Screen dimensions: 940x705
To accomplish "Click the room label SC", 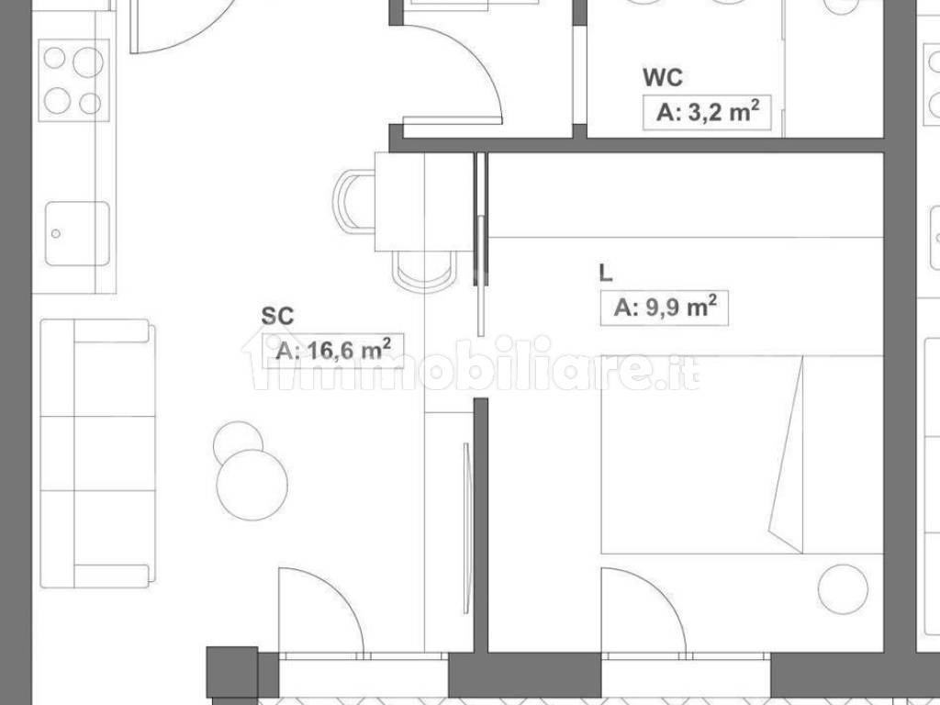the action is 277,316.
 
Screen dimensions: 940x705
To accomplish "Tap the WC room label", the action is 663,78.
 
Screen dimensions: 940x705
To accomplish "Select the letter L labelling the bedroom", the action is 606,274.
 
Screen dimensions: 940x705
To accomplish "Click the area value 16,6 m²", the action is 333,350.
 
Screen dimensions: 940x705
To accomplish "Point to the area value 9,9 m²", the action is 666,308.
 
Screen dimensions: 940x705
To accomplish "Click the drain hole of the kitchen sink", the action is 56,233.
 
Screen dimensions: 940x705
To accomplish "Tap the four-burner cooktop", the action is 73,81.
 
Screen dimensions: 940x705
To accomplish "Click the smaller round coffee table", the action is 238,441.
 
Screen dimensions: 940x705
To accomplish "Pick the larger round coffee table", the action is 252,485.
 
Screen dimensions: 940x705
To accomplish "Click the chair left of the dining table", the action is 354,200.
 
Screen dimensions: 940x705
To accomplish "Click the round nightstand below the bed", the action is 843,588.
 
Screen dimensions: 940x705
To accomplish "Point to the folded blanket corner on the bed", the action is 787,454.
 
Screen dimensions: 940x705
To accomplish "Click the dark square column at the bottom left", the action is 232,672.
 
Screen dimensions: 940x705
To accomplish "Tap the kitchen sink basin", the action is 77,233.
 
